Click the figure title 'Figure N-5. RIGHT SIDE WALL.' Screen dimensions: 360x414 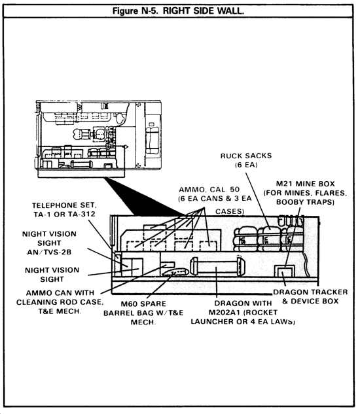pos(178,11)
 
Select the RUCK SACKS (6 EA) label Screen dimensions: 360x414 pos(246,160)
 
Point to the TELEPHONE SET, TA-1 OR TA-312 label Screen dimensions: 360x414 pos(64,210)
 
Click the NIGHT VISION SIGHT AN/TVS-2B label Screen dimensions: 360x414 pos(49,243)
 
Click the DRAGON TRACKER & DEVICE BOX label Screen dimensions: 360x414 pos(310,296)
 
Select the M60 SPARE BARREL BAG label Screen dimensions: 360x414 pos(143,313)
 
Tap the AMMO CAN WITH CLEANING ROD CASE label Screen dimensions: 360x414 pos(60,302)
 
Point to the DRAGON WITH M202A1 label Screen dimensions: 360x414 pos(243,312)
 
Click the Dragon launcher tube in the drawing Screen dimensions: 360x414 pos(218,267)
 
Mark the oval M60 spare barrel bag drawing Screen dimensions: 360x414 pos(175,271)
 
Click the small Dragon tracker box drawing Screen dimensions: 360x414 pos(284,271)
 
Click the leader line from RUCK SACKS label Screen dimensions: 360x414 pos(258,200)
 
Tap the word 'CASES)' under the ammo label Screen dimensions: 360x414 pos(230,211)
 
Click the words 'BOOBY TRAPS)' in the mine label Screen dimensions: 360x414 pos(305,202)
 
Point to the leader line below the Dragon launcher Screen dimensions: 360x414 pos(216,282)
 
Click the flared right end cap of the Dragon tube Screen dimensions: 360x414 pos(240,267)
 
